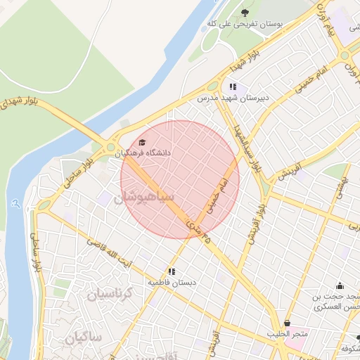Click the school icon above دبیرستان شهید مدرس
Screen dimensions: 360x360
tap(233, 87)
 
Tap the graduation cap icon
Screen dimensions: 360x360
tap(143, 142)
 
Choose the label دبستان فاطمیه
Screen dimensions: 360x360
tap(171, 282)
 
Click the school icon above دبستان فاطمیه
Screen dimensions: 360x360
tap(171, 271)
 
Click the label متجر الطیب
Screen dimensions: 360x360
tap(286, 334)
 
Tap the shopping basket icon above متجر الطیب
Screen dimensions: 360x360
tap(286, 323)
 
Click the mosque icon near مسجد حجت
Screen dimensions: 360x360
tap(340, 285)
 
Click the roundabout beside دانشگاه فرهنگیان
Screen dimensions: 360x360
tap(110, 148)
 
